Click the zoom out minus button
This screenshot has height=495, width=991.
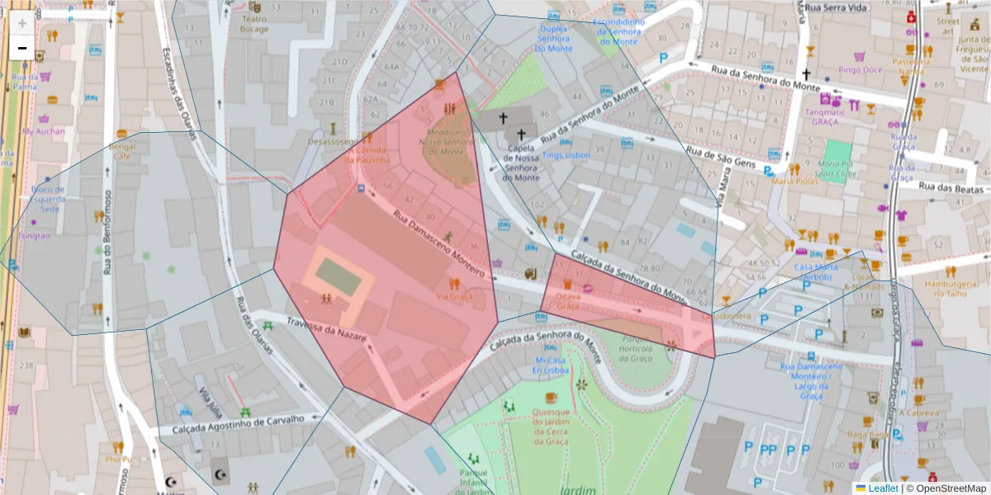[22, 48]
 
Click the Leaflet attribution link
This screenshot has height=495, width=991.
[883, 488]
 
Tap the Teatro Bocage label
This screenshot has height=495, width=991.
[254, 24]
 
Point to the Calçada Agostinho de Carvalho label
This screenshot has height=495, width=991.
[239, 425]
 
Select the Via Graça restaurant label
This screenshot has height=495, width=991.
[454, 295]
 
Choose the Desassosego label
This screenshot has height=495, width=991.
[332, 141]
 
